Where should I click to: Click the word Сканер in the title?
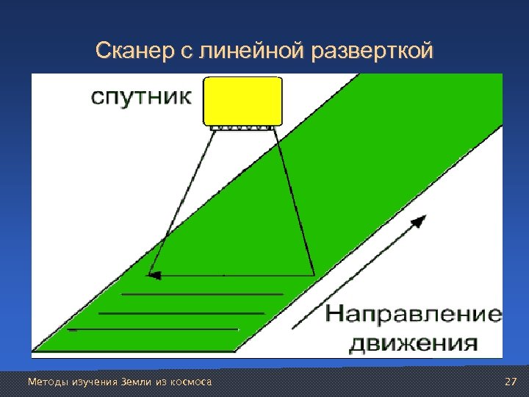point(129,51)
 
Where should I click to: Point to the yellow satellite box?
point(243,100)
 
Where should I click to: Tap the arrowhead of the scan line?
point(154,276)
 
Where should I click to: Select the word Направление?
point(414,315)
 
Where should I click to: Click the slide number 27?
point(511,382)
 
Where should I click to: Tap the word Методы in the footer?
point(45,382)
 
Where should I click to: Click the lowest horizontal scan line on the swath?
point(154,329)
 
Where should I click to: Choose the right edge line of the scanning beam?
point(294,198)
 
